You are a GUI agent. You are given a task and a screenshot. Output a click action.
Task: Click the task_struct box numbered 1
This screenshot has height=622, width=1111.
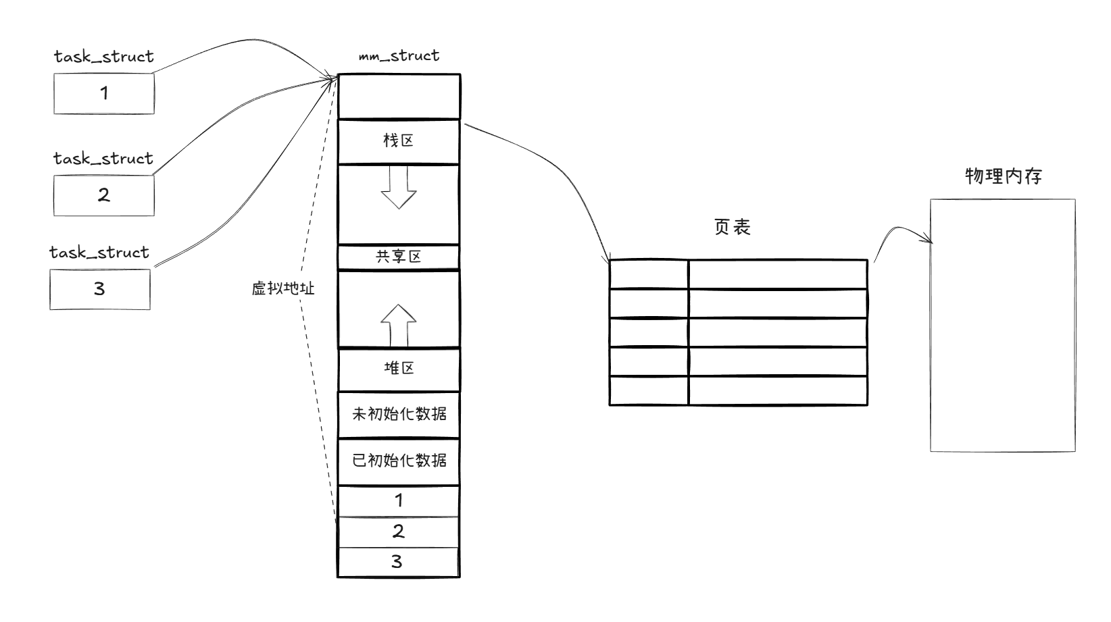[104, 93]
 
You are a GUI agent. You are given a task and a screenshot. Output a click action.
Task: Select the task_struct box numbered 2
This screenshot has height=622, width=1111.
[104, 195]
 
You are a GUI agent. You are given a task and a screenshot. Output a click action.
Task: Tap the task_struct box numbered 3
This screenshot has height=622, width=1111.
[100, 289]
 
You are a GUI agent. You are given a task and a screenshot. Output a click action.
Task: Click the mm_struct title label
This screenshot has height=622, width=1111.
[399, 55]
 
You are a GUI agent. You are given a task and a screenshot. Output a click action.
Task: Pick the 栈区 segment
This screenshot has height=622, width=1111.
[399, 141]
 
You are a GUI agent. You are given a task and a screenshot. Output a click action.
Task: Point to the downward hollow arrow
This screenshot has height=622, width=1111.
[399, 187]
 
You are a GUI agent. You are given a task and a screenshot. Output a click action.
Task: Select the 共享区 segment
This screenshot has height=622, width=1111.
[399, 257]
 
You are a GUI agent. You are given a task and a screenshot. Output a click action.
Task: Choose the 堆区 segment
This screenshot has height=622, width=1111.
[399, 369]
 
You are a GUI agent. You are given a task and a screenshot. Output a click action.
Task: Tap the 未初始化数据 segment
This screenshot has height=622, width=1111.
[399, 413]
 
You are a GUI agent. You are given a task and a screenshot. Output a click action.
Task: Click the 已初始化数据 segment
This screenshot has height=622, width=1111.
[399, 461]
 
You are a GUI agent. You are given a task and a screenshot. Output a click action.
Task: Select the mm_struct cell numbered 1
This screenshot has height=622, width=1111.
[399, 500]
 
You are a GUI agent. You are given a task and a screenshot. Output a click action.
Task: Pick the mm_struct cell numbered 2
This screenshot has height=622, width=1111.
[399, 532]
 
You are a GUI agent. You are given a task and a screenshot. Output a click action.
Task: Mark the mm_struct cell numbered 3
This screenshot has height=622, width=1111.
[399, 562]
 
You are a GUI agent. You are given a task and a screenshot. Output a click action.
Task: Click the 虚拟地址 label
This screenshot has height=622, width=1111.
[283, 289]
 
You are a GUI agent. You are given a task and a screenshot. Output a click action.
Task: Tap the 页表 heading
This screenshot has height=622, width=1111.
[733, 227]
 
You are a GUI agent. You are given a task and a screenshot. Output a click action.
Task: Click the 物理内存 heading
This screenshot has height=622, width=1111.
[1004, 176]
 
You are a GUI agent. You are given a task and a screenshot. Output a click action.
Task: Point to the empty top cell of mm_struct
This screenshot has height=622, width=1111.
[399, 97]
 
